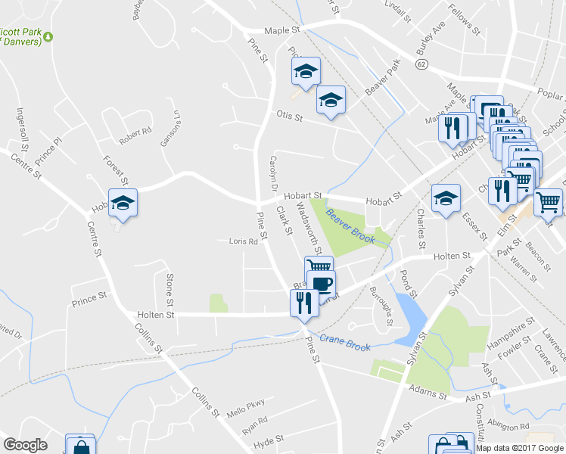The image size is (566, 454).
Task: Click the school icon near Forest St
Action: (121, 203)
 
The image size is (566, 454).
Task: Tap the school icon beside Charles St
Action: (446, 199)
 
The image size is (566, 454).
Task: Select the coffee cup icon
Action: (322, 285)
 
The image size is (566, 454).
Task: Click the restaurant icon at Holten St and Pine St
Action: (304, 303)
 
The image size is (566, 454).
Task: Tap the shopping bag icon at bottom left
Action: (79, 446)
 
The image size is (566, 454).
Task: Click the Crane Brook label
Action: (344, 342)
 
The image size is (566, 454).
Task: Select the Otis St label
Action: (289, 117)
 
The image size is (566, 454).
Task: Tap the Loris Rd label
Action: (244, 242)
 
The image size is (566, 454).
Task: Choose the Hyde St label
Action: (269, 439)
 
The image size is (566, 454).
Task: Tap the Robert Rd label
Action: (135, 137)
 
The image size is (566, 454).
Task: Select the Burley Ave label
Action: (431, 42)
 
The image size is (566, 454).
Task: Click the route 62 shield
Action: (421, 66)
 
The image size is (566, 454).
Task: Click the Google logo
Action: (25, 445)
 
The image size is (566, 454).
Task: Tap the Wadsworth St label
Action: (309, 228)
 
